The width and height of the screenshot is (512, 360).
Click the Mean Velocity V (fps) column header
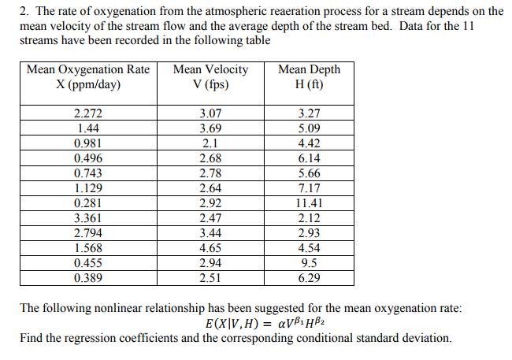pyautogui.click(x=210, y=76)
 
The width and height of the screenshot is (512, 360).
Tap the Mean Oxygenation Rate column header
pyautogui.click(x=87, y=76)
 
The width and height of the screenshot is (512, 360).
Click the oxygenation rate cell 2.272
pyautogui.click(x=87, y=113)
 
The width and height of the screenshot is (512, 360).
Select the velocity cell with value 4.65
pyautogui.click(x=210, y=248)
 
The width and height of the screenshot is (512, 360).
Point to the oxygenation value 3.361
pyautogui.click(x=87, y=218)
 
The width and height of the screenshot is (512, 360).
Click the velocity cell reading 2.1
pyautogui.click(x=210, y=143)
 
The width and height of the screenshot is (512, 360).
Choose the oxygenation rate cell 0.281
pyautogui.click(x=87, y=203)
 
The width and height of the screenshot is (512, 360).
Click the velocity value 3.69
pyautogui.click(x=210, y=128)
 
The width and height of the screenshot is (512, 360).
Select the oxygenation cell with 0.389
pyautogui.click(x=87, y=278)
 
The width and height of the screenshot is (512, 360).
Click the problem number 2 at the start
pyautogui.click(x=22, y=12)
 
